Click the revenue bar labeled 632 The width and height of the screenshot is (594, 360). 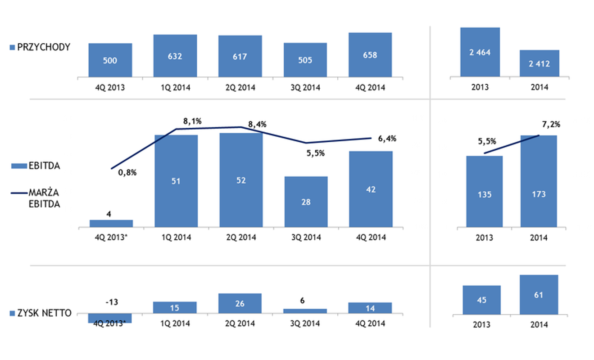click(175, 56)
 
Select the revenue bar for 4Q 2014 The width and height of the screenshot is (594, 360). click(370, 55)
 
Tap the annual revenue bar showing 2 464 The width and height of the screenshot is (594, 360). click(480, 52)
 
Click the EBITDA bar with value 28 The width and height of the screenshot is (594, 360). click(306, 202)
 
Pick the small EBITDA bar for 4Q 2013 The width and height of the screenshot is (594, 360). click(111, 223)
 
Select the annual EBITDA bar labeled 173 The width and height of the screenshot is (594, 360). click(539, 181)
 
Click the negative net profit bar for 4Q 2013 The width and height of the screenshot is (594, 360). click(110, 318)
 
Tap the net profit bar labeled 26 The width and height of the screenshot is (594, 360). click(240, 304)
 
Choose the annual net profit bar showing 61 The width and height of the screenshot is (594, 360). click(539, 295)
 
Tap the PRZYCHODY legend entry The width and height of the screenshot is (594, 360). click(43, 47)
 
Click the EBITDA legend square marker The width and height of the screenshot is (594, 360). click(13, 166)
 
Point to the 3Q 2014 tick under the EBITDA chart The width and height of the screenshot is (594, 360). click(305, 238)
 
